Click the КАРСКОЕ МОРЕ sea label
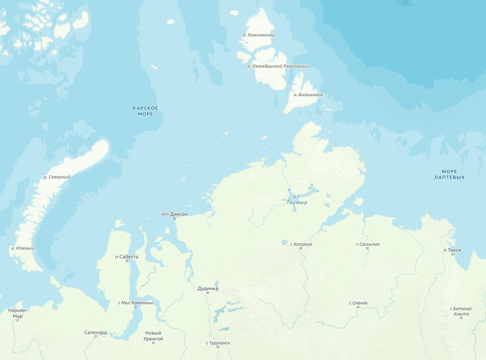(x=145, y=111)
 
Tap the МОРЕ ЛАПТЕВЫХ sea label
(x=449, y=174)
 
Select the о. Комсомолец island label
(x=258, y=35)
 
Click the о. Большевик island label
(x=308, y=95)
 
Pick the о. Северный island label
(x=57, y=177)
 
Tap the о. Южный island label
(x=23, y=248)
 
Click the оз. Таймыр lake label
(x=297, y=199)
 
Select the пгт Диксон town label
(x=174, y=214)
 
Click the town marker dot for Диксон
(x=175, y=218)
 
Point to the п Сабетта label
(x=126, y=257)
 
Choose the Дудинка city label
(x=207, y=289)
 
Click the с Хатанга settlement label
(x=301, y=244)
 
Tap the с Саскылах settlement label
(x=368, y=244)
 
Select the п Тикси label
(x=452, y=250)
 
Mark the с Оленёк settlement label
(x=359, y=303)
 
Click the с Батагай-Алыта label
(x=461, y=311)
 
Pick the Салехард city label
(x=95, y=332)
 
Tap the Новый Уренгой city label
(x=153, y=336)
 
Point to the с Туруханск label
(x=218, y=343)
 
